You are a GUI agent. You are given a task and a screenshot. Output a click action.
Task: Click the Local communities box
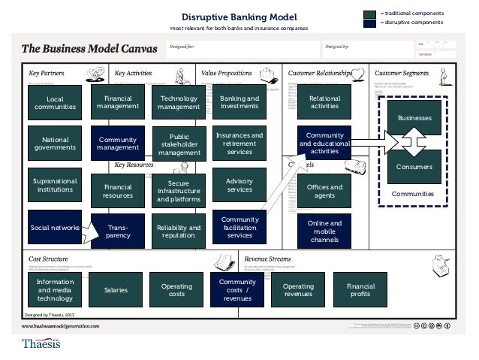click(55, 102)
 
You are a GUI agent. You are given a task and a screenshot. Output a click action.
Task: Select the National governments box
click(55, 143)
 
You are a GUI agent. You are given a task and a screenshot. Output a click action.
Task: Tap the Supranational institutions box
click(55, 186)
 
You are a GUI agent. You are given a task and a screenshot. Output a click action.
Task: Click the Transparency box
click(118, 231)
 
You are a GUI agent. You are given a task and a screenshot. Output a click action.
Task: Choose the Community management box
click(118, 143)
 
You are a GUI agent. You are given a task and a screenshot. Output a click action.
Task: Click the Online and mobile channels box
click(324, 231)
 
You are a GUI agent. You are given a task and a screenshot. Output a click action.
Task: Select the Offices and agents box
click(324, 191)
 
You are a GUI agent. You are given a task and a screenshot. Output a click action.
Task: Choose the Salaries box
click(117, 289)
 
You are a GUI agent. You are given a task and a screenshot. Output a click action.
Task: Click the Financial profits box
click(360, 289)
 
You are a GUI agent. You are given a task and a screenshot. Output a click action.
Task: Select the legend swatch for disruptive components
click(369, 23)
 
